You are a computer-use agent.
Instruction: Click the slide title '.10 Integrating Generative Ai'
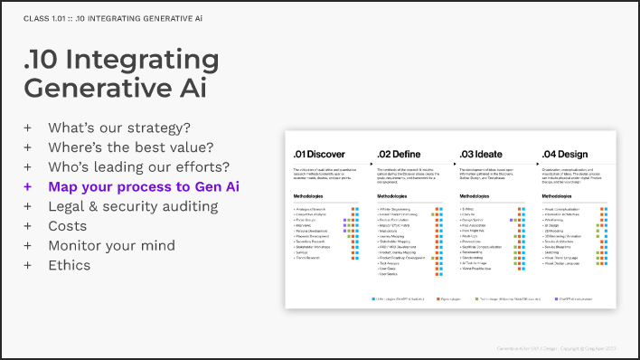[x=121, y=74]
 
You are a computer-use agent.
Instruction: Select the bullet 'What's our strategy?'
[x=113, y=128]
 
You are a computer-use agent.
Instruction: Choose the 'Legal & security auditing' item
[x=133, y=206]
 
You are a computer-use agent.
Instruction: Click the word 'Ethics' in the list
[x=70, y=266]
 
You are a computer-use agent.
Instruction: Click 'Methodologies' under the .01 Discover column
[x=309, y=195]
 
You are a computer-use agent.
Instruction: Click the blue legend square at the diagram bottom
[x=372, y=298]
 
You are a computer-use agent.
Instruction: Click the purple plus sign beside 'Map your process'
[x=28, y=187]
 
